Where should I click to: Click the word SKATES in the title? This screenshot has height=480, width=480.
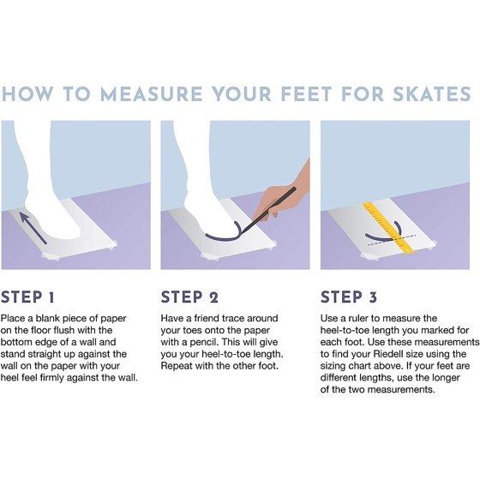(432, 94)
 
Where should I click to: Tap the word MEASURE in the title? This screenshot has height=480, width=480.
(151, 94)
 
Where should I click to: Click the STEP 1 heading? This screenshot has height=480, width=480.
(27, 297)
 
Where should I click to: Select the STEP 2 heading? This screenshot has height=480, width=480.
(189, 297)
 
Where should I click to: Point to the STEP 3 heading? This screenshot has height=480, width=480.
(349, 297)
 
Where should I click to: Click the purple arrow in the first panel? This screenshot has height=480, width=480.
(33, 228)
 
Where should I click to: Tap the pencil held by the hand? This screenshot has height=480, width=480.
(269, 211)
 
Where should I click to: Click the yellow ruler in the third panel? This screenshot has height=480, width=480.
(388, 227)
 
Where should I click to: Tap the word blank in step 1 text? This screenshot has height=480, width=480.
(48, 318)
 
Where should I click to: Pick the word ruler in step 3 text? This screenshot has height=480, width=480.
(359, 318)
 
